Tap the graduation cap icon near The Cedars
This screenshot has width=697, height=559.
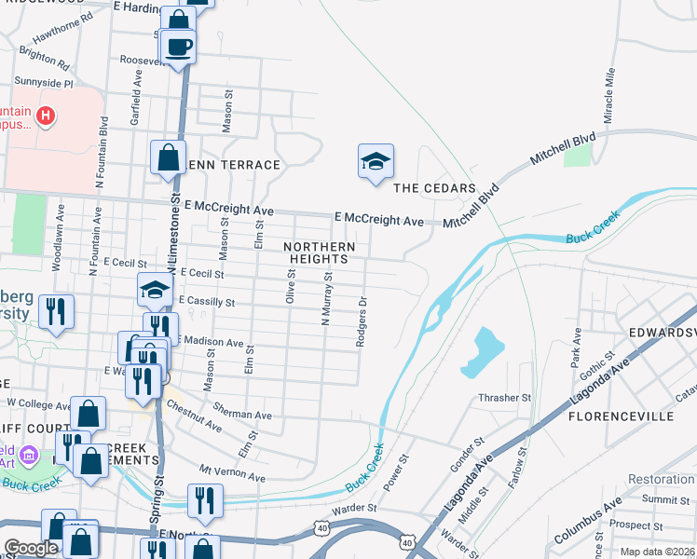pyautogui.click(x=376, y=162)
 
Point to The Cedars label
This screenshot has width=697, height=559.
pyautogui.click(x=434, y=188)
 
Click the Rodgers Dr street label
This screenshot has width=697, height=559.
pyautogui.click(x=361, y=322)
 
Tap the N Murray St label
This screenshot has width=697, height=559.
pyautogui.click(x=326, y=298)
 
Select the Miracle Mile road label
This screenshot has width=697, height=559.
pyautogui.click(x=611, y=95)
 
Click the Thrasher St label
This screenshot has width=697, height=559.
pyautogui.click(x=504, y=398)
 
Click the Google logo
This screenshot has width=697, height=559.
pyautogui.click(x=31, y=548)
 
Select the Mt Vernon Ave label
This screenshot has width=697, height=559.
pyautogui.click(x=232, y=472)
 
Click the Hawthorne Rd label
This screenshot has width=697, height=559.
pyautogui.click(x=63, y=30)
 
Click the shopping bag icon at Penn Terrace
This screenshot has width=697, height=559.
pyautogui.click(x=169, y=157)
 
